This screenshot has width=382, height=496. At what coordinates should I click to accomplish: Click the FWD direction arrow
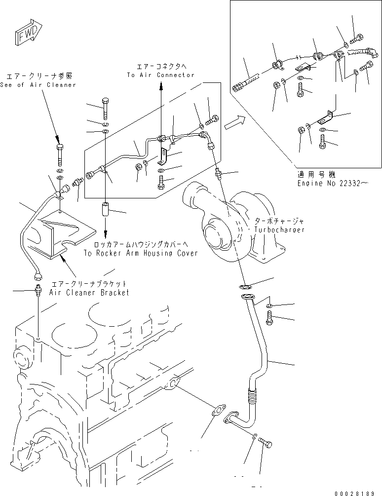(x=24, y=33)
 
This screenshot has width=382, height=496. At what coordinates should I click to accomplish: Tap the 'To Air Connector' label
(x=160, y=75)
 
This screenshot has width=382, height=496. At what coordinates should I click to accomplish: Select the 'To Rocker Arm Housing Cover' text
(x=140, y=253)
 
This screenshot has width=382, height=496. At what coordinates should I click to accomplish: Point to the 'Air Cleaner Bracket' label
(x=89, y=292)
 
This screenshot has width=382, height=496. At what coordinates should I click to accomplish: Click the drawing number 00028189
(x=358, y=492)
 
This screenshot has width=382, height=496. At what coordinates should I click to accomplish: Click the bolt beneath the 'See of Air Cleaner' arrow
(x=59, y=153)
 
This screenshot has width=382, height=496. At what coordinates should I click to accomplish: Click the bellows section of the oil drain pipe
(x=253, y=394)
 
